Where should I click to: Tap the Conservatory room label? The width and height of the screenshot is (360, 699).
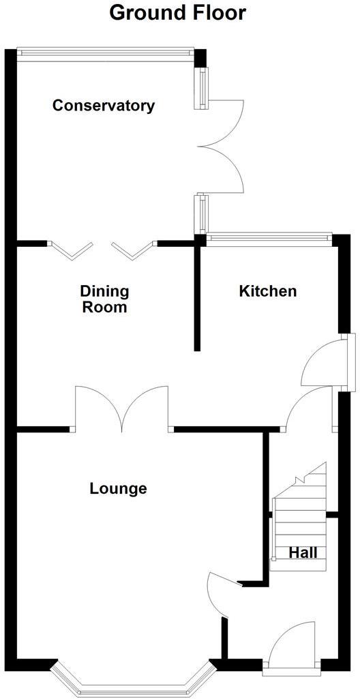pyautogui.click(x=104, y=106)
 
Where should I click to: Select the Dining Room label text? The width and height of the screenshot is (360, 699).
pyautogui.click(x=104, y=299)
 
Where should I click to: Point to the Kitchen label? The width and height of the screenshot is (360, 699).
pyautogui.click(x=267, y=291)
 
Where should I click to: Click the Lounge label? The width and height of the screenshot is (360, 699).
pyautogui.click(x=118, y=488)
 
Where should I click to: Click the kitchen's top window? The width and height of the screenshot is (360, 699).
pyautogui.click(x=269, y=237)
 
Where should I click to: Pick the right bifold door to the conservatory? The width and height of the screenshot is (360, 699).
pyautogui.click(x=132, y=250)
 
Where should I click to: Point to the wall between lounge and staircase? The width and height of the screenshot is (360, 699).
pyautogui.click(x=266, y=505)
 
